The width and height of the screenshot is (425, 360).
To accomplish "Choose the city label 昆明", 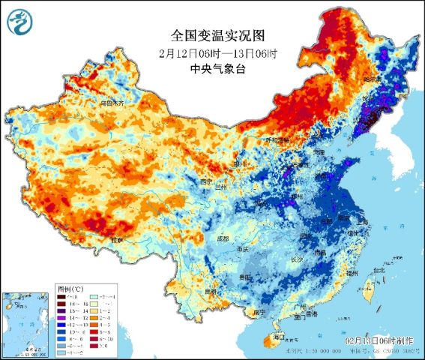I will coord(214,291).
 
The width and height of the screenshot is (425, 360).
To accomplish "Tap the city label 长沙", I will coord(296,259).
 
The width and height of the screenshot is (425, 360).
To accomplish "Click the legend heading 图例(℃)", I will coord(71,288).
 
